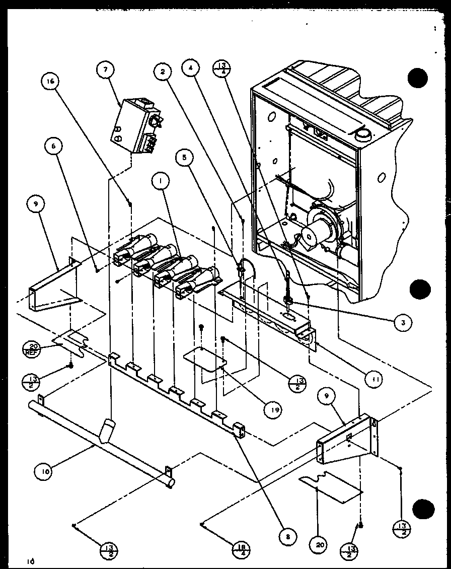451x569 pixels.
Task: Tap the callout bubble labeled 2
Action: [x=163, y=72]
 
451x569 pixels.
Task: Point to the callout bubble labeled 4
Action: [x=191, y=70]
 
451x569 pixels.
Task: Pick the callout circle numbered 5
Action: [x=185, y=158]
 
